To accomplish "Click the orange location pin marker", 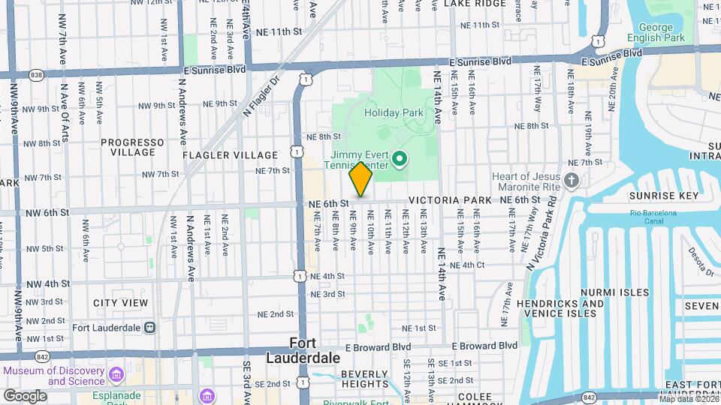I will click(361, 180).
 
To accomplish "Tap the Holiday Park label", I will click(394, 113).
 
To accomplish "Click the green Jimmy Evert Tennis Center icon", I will click(400, 158).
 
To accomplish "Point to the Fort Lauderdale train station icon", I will click(150, 327).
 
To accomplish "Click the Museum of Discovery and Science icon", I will click(116, 373).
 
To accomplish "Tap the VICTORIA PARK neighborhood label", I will click(450, 201).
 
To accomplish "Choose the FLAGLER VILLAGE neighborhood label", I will click(219, 154).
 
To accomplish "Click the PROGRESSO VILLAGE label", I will click(132, 147).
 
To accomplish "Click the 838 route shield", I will click(36, 75).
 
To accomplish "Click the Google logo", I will click(25, 395).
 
